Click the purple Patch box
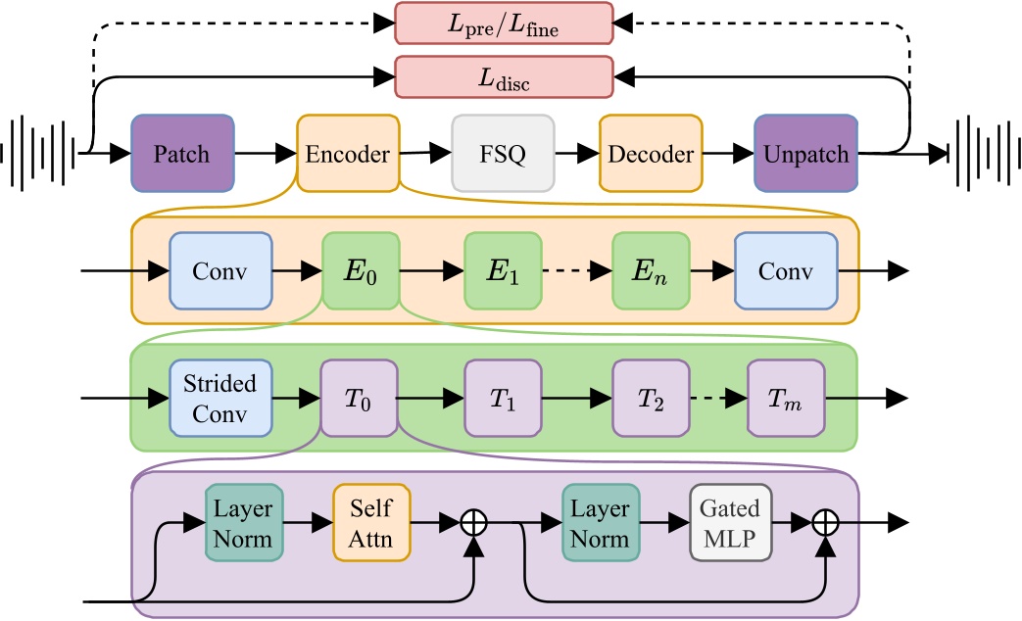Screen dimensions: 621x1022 coord(183,154)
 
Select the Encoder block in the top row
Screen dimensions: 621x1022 coord(349,154)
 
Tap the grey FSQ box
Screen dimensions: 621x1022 coord(503,154)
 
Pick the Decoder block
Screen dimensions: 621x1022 coord(651,154)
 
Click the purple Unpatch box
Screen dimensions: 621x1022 coord(805,154)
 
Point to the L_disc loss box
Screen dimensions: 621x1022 coord(503,76)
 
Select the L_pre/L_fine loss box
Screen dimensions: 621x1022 coord(503,22)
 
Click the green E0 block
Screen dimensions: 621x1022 coord(361,271)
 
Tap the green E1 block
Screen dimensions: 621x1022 coord(502,271)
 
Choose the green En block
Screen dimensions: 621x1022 coord(651,271)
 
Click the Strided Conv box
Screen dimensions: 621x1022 coord(219,398)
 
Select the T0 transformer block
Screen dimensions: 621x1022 coord(359,398)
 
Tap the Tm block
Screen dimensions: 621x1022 coord(786,398)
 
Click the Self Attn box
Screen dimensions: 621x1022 coord(370,524)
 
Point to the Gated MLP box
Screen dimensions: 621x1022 coord(730,524)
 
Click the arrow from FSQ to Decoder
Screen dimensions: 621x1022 coord(577,154)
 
